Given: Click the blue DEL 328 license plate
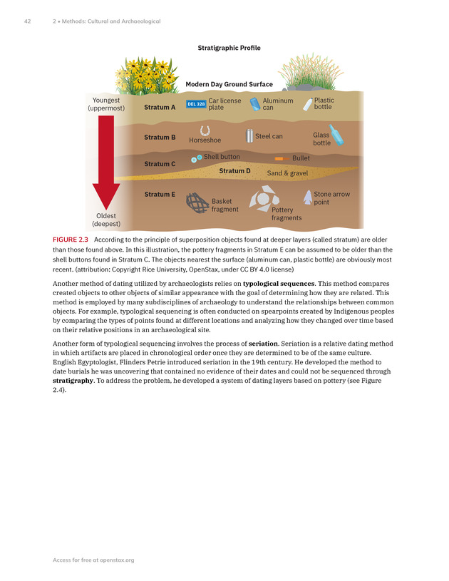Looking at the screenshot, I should coord(195,104).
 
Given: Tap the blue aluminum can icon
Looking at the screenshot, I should coord(254,104).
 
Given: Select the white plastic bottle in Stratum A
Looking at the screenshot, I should coord(308,104).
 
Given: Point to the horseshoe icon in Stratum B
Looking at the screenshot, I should coord(205,130).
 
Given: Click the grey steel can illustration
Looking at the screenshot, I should coord(249,135).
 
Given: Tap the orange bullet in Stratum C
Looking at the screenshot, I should coord(279,158).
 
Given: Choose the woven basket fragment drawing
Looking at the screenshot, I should coord(197,202).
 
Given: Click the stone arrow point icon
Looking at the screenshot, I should coord(307,197).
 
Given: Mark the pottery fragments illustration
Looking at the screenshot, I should coord(260,197).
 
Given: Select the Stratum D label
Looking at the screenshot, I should coord(234,171).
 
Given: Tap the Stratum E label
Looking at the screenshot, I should coord(160,194).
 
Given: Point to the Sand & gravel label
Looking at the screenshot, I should coord(287,173).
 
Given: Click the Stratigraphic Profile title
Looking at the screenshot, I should coord(229,48).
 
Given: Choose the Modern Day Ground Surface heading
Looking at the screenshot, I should coord(229,84).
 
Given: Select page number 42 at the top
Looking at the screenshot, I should coord(28,21).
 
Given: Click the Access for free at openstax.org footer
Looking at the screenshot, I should coord(93,560).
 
